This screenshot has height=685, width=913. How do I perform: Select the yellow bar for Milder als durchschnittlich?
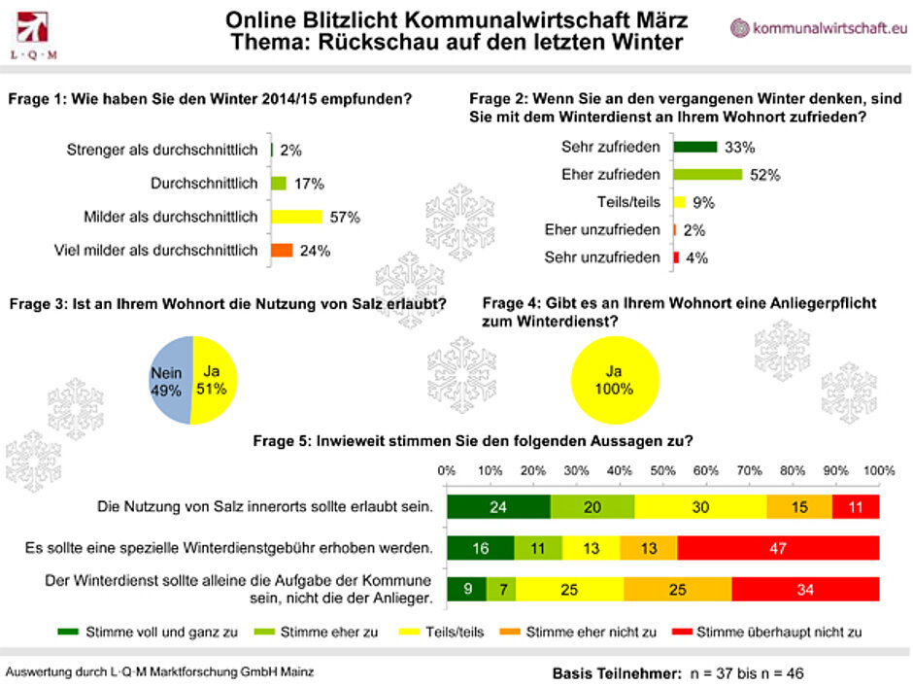pos(295,217)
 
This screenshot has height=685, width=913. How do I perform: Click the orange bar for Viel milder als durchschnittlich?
pos(281,250)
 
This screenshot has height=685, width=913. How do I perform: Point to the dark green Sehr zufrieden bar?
pos(695,147)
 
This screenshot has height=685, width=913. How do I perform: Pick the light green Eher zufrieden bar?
pos(708,175)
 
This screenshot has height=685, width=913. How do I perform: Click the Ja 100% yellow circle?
pos(613,380)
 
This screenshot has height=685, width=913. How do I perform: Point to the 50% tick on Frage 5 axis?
pos(663,470)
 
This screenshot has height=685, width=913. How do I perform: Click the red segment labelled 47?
pos(777,548)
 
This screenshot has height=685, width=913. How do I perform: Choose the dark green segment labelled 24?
pos(498,506)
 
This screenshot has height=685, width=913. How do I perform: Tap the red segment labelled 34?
pos(805,589)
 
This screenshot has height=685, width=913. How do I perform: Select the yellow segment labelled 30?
pos(700,506)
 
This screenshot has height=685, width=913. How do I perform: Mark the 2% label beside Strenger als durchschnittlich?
pos(290,150)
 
